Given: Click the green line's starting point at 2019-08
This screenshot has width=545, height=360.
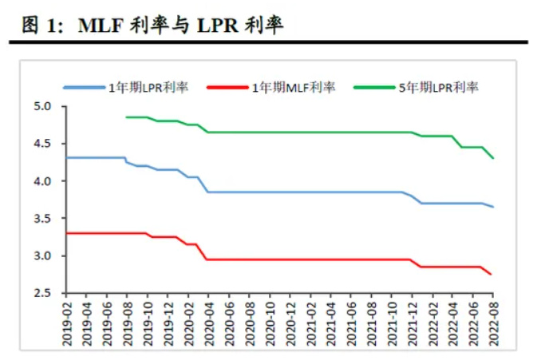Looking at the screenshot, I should tap(127, 117).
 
